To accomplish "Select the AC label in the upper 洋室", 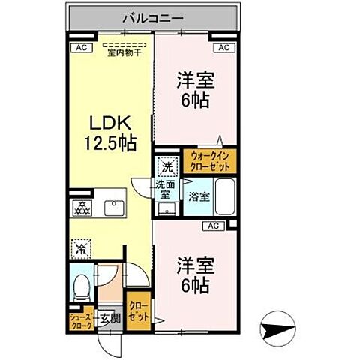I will pos(223,48).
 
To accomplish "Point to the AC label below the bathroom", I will pos(212,225).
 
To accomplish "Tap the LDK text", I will pos(112,122).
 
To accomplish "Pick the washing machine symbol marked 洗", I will pos(169,166).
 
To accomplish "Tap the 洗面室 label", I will pos(166,188).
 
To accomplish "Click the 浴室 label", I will pos(199,197).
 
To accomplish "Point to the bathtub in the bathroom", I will pos(226,197).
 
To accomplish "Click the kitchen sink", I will pos(114,206).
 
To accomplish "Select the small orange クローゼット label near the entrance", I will pos(137,310).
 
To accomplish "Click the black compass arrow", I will pos(277,327).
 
